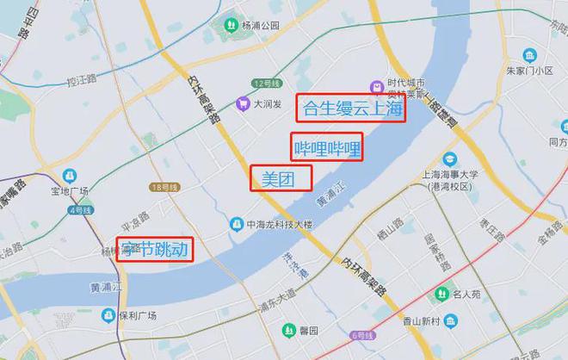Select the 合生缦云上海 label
(351, 109)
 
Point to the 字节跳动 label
(154, 250)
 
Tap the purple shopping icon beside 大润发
(244, 103)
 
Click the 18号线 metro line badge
(163, 187)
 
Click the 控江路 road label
(80, 83)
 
